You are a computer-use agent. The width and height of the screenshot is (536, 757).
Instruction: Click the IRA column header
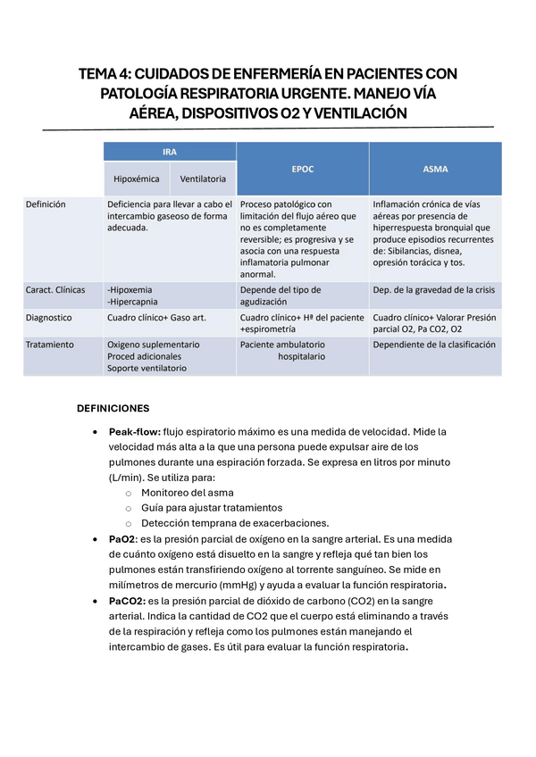pyautogui.click(x=169, y=151)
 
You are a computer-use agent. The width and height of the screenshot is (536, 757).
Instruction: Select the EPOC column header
pyautogui.click(x=303, y=168)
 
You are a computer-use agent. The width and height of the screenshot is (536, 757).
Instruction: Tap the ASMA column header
pyautogui.click(x=435, y=168)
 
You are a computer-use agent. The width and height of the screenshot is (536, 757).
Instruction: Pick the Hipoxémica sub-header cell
pyautogui.click(x=136, y=179)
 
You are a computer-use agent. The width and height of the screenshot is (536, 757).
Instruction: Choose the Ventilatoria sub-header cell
pyautogui.click(x=203, y=179)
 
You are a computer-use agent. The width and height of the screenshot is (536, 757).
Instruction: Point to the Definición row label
pyautogui.click(x=46, y=204)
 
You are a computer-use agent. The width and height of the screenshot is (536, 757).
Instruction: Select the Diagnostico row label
pyautogui.click(x=49, y=317)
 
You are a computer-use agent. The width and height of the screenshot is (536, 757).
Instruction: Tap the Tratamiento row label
pyautogui.click(x=50, y=344)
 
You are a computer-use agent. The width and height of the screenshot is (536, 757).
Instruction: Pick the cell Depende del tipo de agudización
pyautogui.click(x=280, y=295)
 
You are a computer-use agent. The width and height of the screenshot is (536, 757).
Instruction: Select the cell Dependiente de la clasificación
pyautogui.click(x=433, y=344)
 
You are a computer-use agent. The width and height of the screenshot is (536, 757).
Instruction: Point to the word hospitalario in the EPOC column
pyautogui.click(x=301, y=356)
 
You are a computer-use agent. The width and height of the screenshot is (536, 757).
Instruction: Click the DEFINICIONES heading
pyautogui.click(x=113, y=408)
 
